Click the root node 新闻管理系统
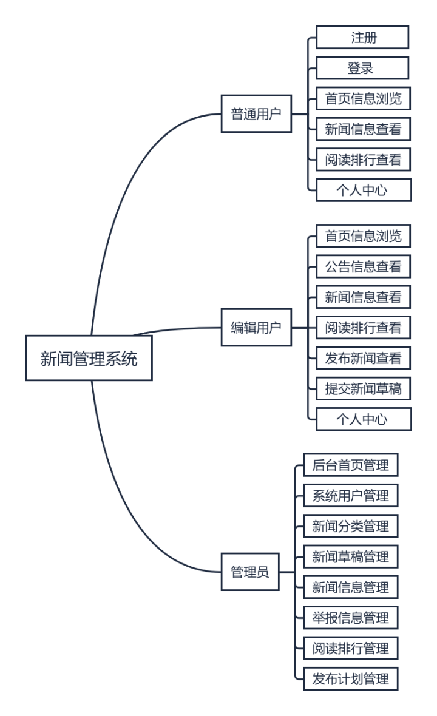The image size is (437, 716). pos(89,359)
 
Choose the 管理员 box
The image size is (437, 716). pos(249,572)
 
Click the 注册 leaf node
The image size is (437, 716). pos(362,37)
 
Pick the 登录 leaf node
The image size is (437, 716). pos(362,68)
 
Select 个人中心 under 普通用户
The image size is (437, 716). pos(362,190)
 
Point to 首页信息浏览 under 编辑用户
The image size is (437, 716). pos(364,236)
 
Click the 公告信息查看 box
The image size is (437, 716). pos(364,266)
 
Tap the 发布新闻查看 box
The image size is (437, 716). pos(364,359)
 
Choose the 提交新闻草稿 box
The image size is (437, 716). pos(364,389)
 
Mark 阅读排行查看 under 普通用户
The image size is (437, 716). pos(364,160)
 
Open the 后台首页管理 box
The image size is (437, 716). pos(350,465)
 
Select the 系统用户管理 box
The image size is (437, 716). pos(350,496)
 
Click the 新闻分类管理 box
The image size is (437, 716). pos(350,526)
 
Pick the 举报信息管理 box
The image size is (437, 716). pos(350,618)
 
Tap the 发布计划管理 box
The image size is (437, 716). pos(350,679)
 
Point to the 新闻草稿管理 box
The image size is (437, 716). pos(350,556)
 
